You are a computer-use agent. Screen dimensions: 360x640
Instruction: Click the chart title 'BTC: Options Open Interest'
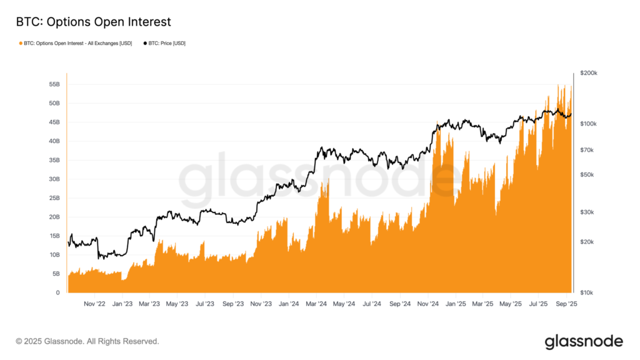point(93,22)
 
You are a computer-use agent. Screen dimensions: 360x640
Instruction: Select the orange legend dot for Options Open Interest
point(21,43)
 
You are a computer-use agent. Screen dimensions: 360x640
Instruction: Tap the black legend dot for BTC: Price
point(146,43)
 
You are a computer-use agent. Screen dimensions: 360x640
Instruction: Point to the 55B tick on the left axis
point(54,84)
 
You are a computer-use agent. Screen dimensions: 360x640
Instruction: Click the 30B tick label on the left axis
point(54,179)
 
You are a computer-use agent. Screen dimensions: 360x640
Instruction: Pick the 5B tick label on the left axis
point(56,274)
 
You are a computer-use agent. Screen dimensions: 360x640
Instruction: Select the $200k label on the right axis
point(589,73)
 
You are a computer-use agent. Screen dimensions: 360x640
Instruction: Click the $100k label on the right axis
point(589,124)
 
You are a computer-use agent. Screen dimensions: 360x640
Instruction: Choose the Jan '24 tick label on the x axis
point(288,304)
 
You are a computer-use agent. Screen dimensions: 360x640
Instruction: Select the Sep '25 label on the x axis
point(566,304)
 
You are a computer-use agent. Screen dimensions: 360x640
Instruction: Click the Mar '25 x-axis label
point(482,304)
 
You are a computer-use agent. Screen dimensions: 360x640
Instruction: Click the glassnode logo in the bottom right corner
point(584,341)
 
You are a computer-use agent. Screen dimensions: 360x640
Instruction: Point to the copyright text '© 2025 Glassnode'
point(87,341)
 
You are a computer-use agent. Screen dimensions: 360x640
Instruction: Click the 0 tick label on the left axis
point(58,292)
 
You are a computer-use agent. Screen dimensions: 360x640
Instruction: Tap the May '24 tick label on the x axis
point(343,304)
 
